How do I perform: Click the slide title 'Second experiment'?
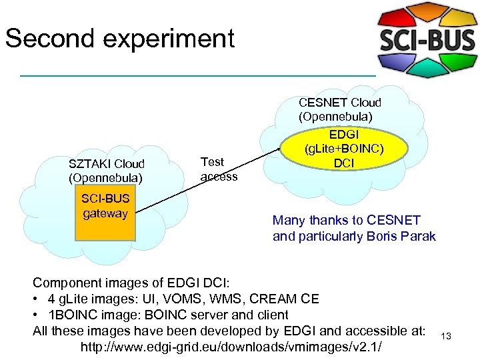coord(120,38)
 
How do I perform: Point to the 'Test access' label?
coord(219,169)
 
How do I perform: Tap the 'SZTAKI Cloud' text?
coord(107,164)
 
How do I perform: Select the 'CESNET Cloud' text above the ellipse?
coord(340,103)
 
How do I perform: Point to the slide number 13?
coord(446,336)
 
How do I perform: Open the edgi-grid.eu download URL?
coord(232,347)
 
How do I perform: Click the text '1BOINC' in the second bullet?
coord(66,315)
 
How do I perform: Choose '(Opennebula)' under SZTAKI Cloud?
coord(105,178)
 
